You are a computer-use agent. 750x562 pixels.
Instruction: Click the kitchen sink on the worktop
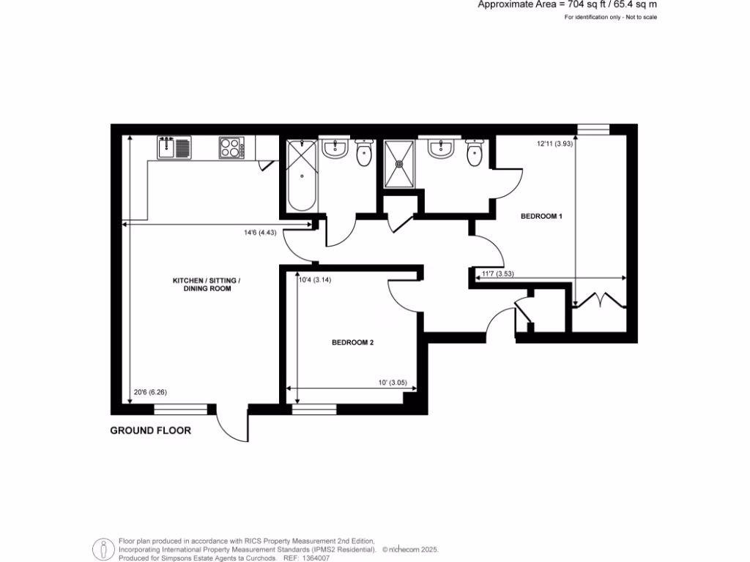[x=174, y=148]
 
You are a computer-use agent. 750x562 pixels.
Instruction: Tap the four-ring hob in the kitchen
[x=231, y=148]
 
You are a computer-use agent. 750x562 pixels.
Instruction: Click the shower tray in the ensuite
[x=400, y=164]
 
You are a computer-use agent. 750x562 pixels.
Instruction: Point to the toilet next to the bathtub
[x=364, y=154]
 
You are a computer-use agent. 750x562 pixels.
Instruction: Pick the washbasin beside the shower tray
[x=442, y=149]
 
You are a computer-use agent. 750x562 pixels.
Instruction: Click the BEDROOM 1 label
[x=541, y=217]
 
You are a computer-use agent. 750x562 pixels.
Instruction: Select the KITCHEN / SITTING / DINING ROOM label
[x=201, y=285]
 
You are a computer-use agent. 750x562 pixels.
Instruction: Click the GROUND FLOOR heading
[x=150, y=431]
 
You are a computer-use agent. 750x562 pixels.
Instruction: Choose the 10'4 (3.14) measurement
[x=316, y=278]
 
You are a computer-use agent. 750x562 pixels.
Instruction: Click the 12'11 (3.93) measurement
[x=554, y=144]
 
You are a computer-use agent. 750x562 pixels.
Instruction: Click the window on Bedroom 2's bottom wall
[x=313, y=408]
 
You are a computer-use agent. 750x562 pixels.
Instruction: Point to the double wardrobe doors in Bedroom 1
[x=599, y=299]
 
